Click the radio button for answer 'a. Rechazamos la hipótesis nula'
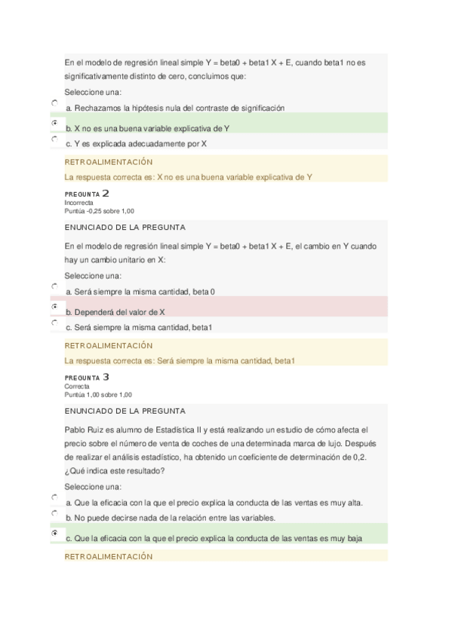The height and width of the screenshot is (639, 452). [x=54, y=103]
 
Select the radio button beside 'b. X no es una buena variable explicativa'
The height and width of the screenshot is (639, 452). [x=54, y=121]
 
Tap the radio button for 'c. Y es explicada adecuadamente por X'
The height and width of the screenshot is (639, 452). [x=54, y=139]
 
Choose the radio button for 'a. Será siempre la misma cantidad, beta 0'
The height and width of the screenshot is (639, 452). [x=54, y=286]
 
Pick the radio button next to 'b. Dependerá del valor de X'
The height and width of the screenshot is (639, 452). [x=54, y=306]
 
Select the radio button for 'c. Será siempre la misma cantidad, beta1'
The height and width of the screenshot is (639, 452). [x=54, y=323]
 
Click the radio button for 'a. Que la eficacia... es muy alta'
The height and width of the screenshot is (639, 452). [x=54, y=497]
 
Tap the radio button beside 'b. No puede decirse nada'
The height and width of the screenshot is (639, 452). [x=54, y=513]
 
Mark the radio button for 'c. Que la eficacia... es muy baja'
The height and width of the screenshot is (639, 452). [x=54, y=533]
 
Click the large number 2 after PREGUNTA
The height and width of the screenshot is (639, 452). [x=106, y=194]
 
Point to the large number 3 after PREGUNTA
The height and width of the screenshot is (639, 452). [x=106, y=377]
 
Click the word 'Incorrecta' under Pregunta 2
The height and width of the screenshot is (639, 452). [x=79, y=203]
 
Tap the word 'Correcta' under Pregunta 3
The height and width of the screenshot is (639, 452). [x=77, y=386]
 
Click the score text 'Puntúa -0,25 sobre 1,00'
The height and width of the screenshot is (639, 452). [x=100, y=211]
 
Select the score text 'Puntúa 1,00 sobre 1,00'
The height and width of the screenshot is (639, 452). [x=98, y=394]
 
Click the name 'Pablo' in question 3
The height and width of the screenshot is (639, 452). [x=75, y=429]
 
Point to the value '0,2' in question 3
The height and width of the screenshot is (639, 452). [x=359, y=457]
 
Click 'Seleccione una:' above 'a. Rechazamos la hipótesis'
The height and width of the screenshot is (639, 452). [x=93, y=92]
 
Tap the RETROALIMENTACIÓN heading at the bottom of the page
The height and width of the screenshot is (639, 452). [x=109, y=556]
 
